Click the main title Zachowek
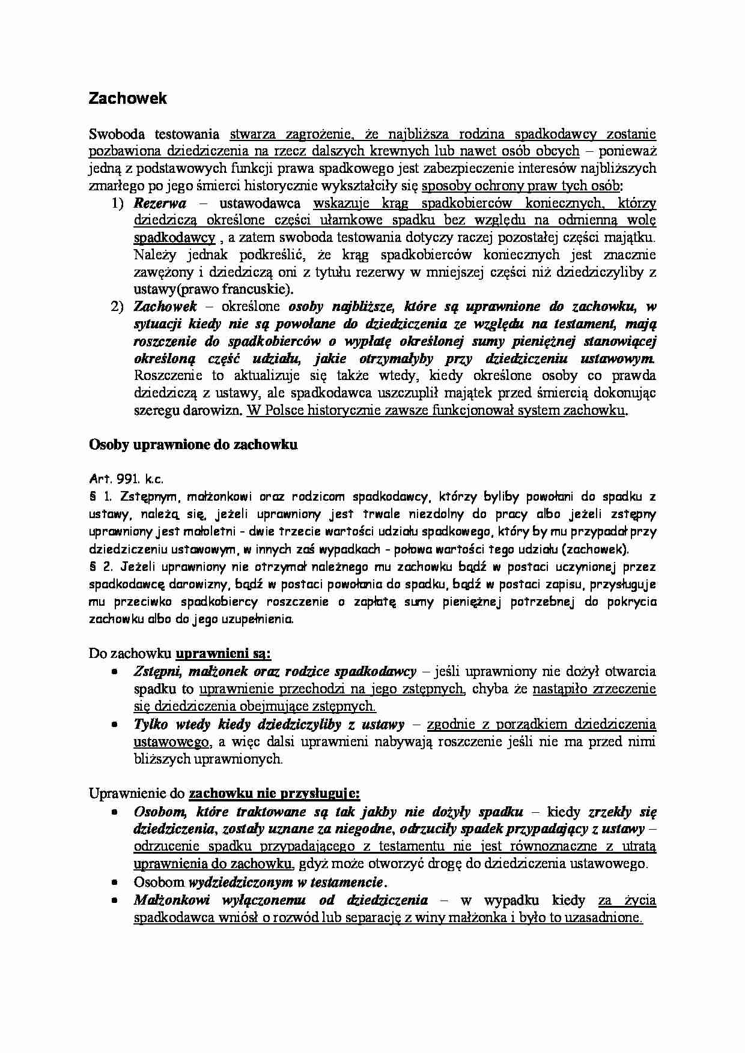coord(127,99)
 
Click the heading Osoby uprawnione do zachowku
coord(193,445)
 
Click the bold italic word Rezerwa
coord(160,203)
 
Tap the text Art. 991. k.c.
coord(126,479)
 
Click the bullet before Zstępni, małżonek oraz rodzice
coord(114,672)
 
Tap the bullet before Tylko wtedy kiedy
coord(114,725)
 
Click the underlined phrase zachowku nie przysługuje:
coord(275,794)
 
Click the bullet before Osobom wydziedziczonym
coord(114,883)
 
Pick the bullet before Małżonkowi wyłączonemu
coord(114,901)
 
